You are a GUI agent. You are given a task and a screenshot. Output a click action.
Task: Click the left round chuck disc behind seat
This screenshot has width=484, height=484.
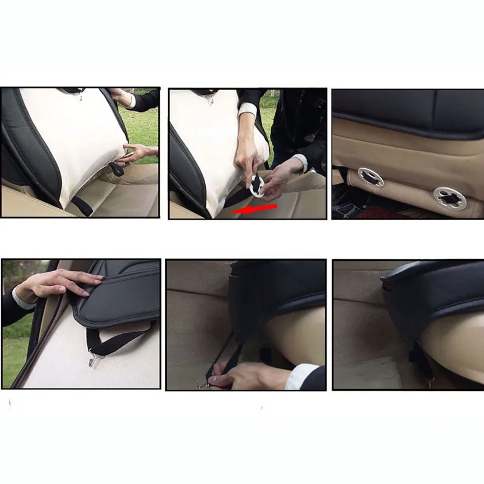(370, 177)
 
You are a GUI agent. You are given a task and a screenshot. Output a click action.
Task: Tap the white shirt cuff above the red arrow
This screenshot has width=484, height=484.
(247, 110)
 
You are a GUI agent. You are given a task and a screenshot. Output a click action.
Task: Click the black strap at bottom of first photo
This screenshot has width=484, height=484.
(82, 206)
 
